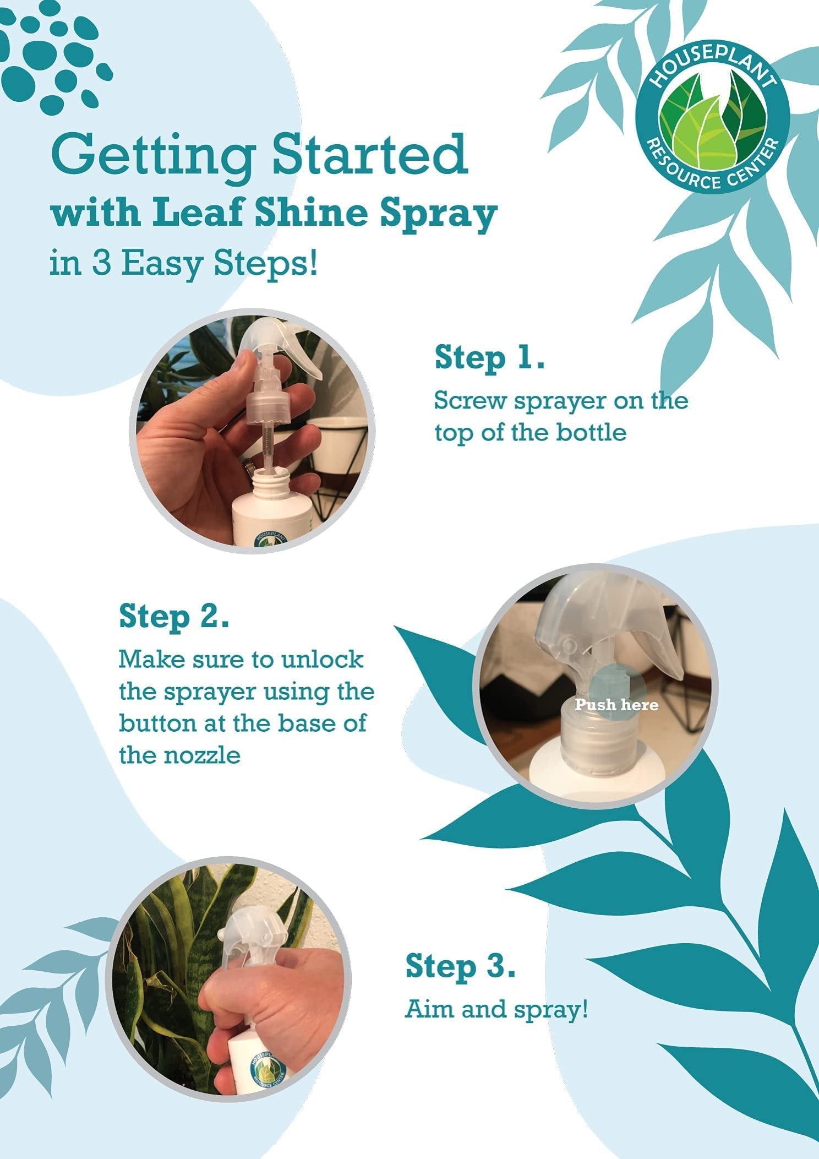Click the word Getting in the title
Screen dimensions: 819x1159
point(153,156)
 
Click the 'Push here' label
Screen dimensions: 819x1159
point(616,704)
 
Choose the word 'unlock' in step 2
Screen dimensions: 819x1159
point(323,659)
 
